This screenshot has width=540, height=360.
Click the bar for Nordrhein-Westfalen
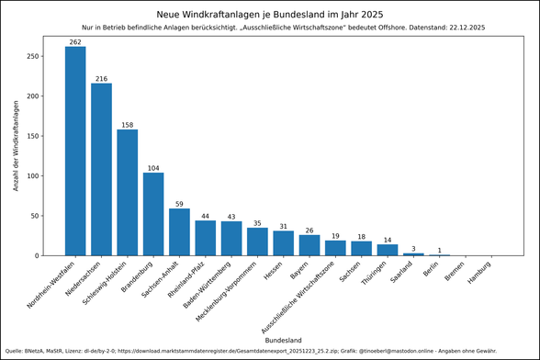(75, 151)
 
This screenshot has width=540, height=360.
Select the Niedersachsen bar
(101, 169)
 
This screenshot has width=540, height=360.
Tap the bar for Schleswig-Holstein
(128, 192)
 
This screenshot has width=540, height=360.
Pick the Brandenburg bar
(153, 214)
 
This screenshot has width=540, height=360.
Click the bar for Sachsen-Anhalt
(179, 231)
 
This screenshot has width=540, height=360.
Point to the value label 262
(75, 41)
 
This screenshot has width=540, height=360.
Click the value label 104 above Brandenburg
(153, 167)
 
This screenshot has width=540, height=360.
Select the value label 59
(179, 203)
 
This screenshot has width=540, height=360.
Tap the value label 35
(257, 222)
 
